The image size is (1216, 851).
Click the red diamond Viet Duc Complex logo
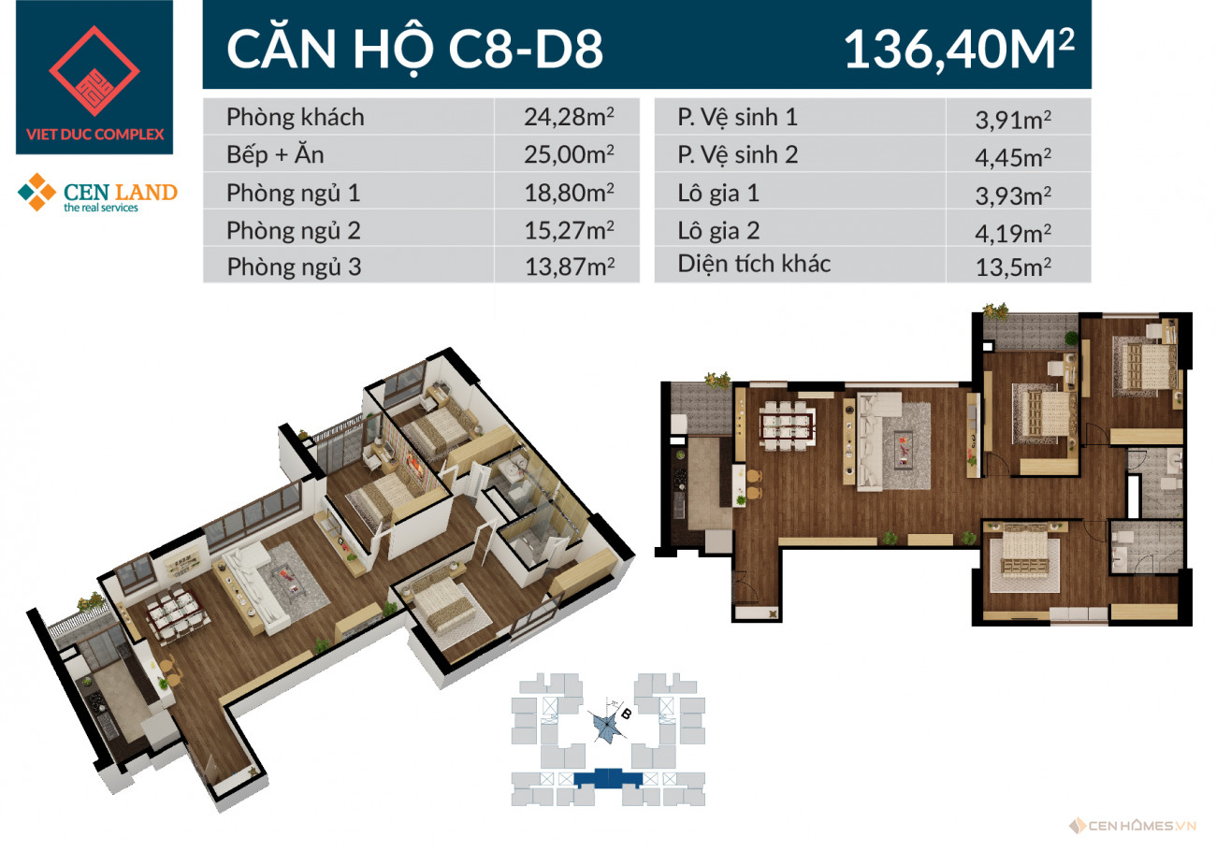pyautogui.click(x=94, y=71)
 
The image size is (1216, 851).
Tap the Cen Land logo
pyautogui.click(x=97, y=193)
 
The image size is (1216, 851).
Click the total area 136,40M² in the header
pyautogui.click(x=959, y=49)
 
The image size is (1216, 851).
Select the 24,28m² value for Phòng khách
pyautogui.click(x=569, y=117)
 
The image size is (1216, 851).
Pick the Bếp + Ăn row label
pyautogui.click(x=275, y=154)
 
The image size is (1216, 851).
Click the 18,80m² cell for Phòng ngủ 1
pyautogui.click(x=569, y=193)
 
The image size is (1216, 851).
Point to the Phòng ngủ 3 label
pyautogui.click(x=294, y=267)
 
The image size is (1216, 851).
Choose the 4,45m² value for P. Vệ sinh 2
pyautogui.click(x=1013, y=157)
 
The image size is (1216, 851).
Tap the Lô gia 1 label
pyautogui.click(x=718, y=194)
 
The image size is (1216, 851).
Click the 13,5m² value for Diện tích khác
pyautogui.click(x=1013, y=267)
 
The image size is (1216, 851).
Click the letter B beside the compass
pyautogui.click(x=626, y=714)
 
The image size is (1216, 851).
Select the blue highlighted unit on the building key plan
pyautogui.click(x=608, y=778)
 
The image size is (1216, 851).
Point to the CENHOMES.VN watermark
pyautogui.click(x=1134, y=826)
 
